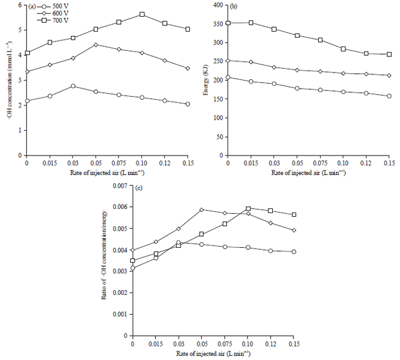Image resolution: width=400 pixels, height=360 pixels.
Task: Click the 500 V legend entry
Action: (53, 6)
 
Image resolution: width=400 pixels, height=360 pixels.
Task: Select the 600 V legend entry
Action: (53, 13)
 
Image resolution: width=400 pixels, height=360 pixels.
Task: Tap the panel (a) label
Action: (32, 6)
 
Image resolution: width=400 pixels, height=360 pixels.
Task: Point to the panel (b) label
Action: (234, 6)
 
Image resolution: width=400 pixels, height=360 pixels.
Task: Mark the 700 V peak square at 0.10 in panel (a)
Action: (142, 14)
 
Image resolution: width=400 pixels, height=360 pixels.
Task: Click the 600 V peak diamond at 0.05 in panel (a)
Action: (96, 45)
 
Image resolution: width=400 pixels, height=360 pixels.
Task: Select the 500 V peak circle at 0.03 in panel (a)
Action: (73, 86)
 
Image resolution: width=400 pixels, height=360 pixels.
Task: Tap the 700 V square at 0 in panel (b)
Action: (228, 23)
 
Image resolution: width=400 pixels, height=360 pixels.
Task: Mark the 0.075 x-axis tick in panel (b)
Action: (320, 162)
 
